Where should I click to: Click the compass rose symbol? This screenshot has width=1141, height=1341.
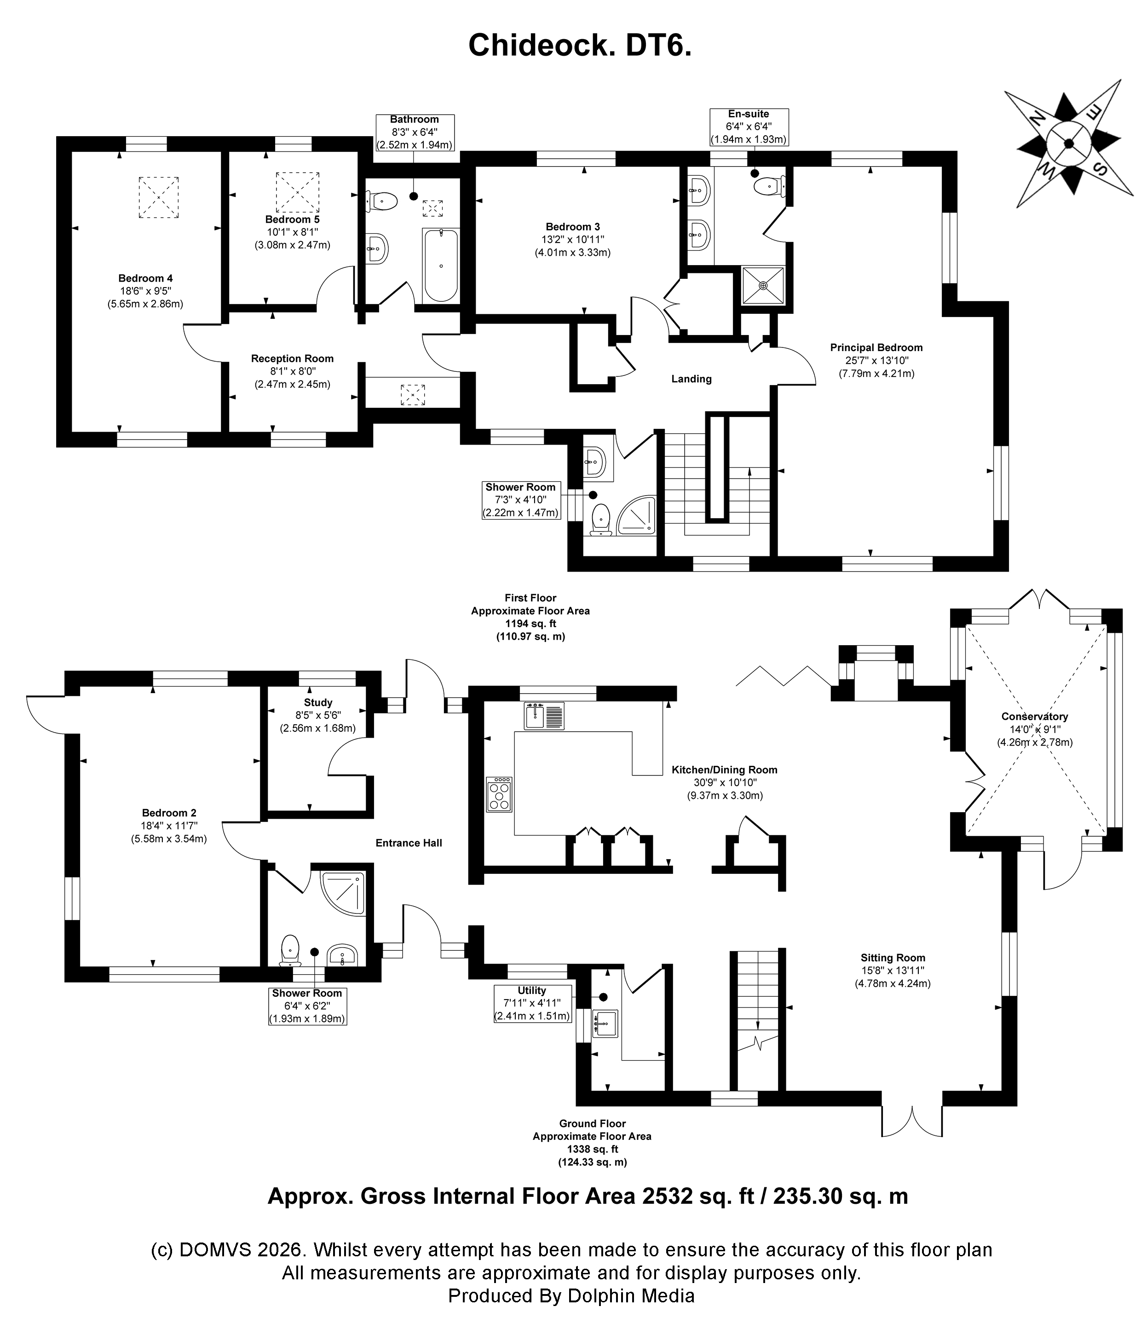(x=1068, y=144)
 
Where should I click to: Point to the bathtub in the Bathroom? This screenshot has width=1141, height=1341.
(x=440, y=265)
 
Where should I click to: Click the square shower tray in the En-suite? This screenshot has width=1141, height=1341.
(x=763, y=285)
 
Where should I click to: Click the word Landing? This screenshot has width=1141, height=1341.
(x=692, y=379)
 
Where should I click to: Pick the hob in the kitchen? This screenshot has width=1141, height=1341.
(x=499, y=794)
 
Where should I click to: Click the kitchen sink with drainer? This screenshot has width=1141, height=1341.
(x=544, y=716)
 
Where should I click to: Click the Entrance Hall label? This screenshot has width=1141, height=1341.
(x=409, y=843)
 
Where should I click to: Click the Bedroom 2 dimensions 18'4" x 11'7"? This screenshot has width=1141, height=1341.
(x=169, y=826)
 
